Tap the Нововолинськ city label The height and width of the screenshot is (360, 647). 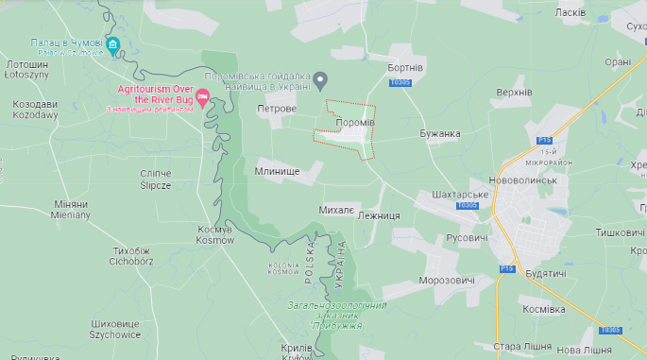click(x=536, y=180)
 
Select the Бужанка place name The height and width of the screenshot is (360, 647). click(x=440, y=133)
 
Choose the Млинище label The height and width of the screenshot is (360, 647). click(x=277, y=171)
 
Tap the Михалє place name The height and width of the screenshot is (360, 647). click(x=336, y=208)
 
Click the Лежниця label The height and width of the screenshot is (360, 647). click(x=379, y=215)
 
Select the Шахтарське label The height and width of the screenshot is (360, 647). click(x=458, y=194)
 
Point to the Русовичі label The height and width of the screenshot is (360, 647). click(x=466, y=237)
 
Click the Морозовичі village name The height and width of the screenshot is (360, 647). click(x=447, y=281)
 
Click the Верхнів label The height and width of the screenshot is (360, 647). click(x=514, y=93)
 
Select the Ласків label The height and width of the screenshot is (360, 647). click(x=570, y=12)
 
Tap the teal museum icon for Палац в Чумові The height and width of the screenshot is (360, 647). click(x=113, y=45)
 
